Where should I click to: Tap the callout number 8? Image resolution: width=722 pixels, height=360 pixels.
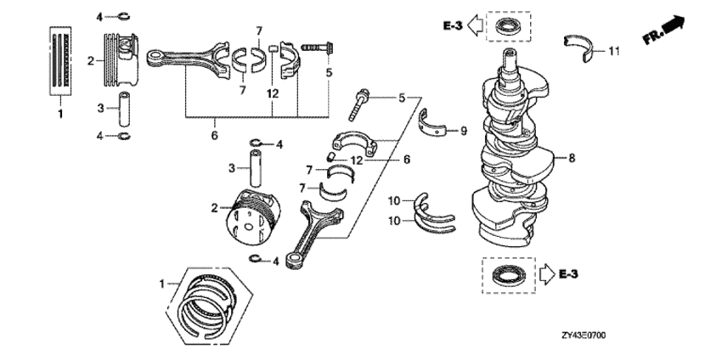572,156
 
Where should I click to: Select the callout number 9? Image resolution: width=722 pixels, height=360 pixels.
464,131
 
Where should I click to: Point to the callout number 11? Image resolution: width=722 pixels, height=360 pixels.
613,52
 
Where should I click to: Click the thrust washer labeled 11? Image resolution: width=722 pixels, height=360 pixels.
581,48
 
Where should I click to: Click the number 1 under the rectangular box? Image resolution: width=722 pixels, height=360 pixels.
60,113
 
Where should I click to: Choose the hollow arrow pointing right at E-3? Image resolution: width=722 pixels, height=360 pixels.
545,273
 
